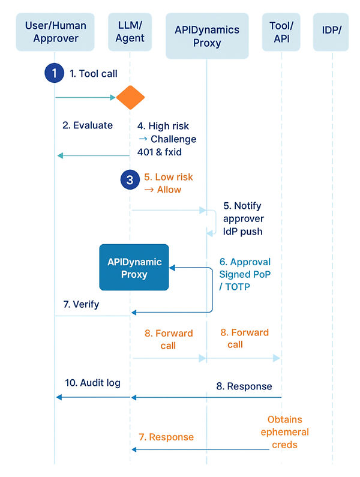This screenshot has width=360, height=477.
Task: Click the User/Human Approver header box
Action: (x=56, y=32)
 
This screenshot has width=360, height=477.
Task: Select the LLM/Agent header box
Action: (x=130, y=32)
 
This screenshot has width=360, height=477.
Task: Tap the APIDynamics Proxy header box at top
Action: (x=206, y=36)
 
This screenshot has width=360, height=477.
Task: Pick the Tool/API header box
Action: (x=281, y=32)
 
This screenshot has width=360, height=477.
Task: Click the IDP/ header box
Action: (x=331, y=32)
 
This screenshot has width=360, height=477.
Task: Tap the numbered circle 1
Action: (x=55, y=74)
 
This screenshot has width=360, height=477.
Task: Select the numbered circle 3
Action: (x=130, y=179)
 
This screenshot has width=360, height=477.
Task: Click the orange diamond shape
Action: (x=130, y=97)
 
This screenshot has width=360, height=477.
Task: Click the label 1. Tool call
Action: (x=94, y=74)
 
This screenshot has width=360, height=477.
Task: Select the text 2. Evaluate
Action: (x=88, y=125)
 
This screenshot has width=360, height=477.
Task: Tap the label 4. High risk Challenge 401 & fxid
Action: (x=166, y=139)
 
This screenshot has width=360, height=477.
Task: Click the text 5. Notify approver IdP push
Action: (x=242, y=218)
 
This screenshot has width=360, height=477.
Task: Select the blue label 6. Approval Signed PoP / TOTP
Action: (x=245, y=274)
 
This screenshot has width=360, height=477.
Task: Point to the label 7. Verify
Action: (x=81, y=304)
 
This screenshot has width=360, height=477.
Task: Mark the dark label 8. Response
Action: (x=244, y=386)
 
